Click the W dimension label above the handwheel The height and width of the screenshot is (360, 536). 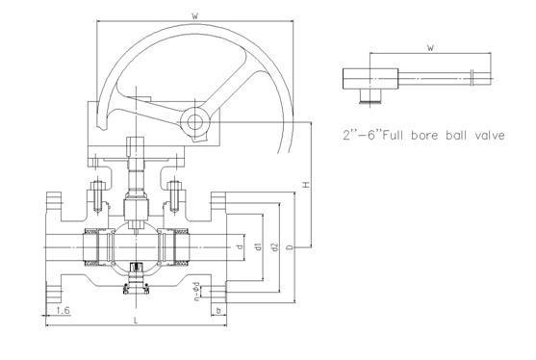point(194,15)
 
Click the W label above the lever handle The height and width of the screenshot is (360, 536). point(431,47)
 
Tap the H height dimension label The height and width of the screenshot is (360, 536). point(306,185)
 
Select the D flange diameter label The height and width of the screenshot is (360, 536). point(291,246)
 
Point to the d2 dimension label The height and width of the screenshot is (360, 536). point(274,246)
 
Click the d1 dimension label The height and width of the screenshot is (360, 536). point(259,246)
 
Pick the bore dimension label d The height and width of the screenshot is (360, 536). point(240,246)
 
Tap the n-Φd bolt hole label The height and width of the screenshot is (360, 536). point(196,292)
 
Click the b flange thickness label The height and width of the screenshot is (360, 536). point(218,311)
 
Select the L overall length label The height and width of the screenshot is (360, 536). point(136,321)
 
